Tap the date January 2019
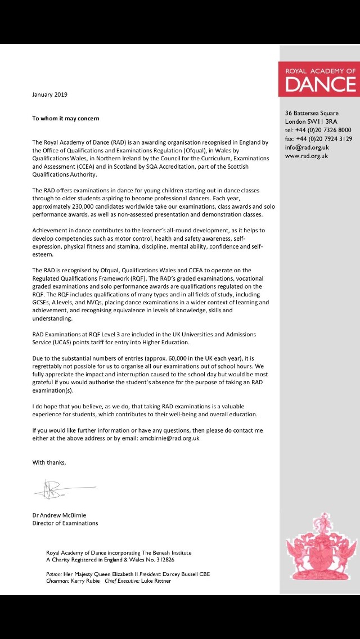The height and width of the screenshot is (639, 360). pyautogui.click(x=49, y=94)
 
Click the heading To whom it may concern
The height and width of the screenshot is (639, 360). pyautogui.click(x=66, y=119)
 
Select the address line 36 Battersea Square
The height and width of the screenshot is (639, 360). pyautogui.click(x=312, y=113)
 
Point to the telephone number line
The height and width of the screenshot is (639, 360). pyautogui.click(x=318, y=130)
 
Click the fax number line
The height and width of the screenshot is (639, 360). pyautogui.click(x=318, y=138)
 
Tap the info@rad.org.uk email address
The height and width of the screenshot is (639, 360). pyautogui.click(x=307, y=147)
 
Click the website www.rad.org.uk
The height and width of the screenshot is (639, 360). pyautogui.click(x=307, y=156)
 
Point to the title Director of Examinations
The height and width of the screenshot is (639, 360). pyautogui.click(x=65, y=523)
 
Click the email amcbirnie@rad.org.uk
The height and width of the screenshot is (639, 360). pyautogui.click(x=169, y=438)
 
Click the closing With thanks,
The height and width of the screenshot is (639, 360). pyautogui.click(x=49, y=462)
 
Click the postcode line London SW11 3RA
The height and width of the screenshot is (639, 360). pyautogui.click(x=311, y=121)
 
